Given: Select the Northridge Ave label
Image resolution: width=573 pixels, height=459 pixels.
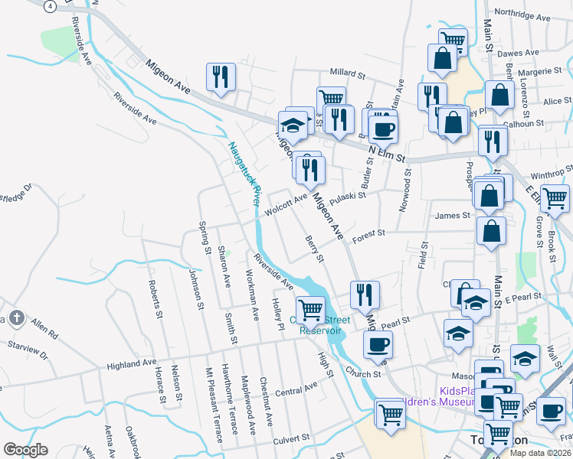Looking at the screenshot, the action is [523, 15].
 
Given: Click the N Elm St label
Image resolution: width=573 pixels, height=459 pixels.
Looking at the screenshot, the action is [384, 155].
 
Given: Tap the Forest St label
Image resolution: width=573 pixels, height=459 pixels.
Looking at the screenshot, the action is [368, 236].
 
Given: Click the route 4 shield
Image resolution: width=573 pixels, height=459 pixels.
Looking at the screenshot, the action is [50, 6].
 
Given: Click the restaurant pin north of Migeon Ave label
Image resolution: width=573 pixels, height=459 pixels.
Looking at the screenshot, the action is [220, 77].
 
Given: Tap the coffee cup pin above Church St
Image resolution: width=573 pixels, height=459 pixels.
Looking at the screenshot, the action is [377, 344].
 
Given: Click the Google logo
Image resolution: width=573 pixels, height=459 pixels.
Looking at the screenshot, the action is [25, 450].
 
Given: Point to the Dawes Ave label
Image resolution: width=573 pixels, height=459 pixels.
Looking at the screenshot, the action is [514, 54].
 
